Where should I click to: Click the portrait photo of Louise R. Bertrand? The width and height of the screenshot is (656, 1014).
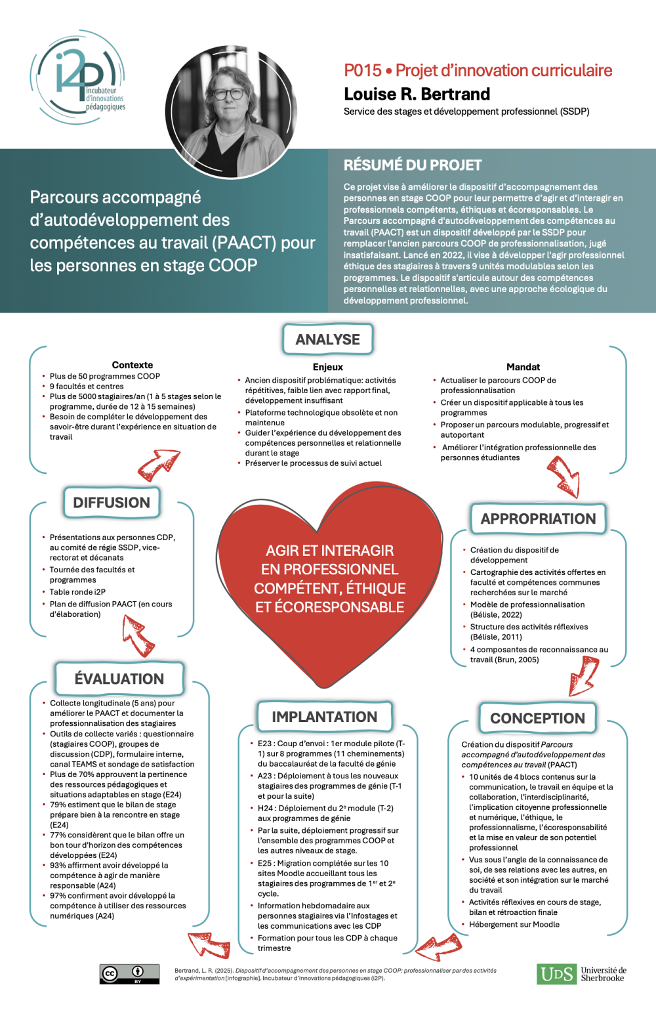(x=232, y=111)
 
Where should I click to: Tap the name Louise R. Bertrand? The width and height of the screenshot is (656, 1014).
(x=417, y=94)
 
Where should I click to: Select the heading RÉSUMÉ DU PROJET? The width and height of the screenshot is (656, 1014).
(x=413, y=165)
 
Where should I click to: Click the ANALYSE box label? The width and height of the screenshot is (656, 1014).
(x=327, y=339)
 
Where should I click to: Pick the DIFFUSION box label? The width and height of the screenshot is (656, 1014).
(x=112, y=503)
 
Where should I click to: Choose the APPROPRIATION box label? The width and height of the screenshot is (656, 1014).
(x=538, y=518)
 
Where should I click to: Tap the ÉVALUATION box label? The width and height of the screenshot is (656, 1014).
(x=119, y=679)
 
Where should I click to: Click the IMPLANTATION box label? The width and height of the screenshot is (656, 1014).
(x=324, y=717)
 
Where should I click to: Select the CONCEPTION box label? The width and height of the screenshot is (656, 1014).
(x=537, y=718)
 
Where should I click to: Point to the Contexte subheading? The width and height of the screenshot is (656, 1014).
(x=133, y=365)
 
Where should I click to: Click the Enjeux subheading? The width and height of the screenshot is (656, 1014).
(x=327, y=367)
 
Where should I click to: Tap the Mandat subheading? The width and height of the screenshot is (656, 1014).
(x=523, y=367)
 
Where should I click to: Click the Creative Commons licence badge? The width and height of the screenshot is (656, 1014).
(x=129, y=974)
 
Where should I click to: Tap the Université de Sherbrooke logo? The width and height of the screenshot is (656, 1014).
(x=581, y=974)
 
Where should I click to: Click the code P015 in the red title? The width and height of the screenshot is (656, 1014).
(x=362, y=70)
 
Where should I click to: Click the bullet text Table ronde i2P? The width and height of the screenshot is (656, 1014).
(x=77, y=591)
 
